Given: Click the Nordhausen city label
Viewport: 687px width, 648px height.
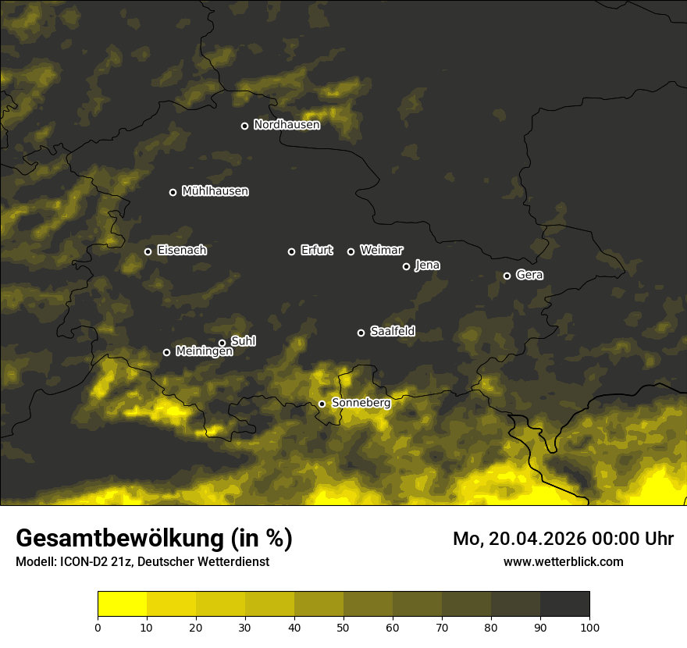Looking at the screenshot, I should [287, 125].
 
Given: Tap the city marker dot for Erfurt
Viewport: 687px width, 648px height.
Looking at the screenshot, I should [292, 251].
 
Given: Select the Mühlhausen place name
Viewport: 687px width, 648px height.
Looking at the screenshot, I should [215, 191].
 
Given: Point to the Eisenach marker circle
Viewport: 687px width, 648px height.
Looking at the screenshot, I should [148, 251].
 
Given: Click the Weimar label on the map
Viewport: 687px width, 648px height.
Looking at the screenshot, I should [381, 251].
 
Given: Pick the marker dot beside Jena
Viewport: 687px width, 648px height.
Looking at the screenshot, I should [406, 266].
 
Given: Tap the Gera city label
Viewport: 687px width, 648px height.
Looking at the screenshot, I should [529, 275].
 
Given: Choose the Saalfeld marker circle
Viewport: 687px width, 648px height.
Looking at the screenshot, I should [361, 333].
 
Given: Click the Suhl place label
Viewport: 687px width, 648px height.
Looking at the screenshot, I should [243, 341].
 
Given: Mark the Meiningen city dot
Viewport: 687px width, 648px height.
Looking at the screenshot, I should [166, 352].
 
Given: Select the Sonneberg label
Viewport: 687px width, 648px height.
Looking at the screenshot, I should [361, 403].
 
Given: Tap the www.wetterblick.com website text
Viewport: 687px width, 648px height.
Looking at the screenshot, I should [563, 561].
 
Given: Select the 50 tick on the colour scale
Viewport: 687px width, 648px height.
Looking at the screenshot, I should [343, 627].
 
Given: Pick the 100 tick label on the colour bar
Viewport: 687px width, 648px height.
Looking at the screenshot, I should [589, 627].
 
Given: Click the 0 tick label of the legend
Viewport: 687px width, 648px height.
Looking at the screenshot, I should [98, 627].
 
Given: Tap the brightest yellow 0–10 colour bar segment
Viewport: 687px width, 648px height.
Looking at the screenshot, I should [122, 604].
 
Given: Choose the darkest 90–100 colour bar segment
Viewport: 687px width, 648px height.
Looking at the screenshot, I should [564, 604].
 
